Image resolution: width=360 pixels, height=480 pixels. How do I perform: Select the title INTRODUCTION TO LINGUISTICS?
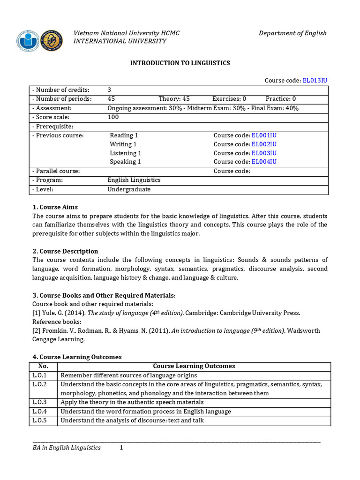180,63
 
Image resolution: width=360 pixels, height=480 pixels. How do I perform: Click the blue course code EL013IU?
315,81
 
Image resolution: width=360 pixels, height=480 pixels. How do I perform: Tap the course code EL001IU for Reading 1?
264,135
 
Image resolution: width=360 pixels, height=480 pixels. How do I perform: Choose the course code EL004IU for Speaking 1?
264,162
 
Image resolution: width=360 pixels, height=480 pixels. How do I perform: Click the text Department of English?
292,33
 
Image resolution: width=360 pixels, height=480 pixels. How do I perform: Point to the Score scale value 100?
113,117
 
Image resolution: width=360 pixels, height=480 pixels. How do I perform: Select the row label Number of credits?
60,90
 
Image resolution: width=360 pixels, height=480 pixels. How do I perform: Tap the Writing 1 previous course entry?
123,144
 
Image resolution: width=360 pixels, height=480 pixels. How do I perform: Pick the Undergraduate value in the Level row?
129,189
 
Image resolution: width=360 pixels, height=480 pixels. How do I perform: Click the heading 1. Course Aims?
55,207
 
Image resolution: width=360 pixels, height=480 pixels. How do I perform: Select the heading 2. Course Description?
65,251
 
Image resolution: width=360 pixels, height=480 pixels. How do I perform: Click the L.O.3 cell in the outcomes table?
39,402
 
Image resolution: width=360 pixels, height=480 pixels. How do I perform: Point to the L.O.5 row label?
39,420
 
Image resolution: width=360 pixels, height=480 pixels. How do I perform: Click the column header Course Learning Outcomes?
194,366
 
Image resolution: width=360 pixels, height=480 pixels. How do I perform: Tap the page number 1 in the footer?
121,448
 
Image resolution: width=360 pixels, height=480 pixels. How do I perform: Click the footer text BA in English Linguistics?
67,448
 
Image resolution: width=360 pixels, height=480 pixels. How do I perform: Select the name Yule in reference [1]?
49,313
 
